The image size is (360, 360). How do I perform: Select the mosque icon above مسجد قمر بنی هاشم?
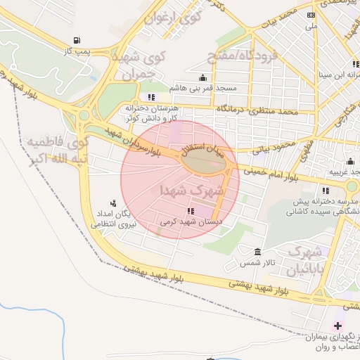click(203, 77)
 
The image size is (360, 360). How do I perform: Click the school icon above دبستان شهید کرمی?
click(190, 211)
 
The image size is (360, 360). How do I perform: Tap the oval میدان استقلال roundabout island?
click(205, 161)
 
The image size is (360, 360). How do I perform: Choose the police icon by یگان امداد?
click(113, 204)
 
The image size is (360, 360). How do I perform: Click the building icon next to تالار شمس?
click(258, 252)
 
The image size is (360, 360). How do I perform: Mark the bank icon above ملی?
click(311, 15)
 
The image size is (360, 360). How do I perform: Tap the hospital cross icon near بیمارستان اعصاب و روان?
click(337, 326)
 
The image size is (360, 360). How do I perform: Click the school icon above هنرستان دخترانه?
click(151, 97)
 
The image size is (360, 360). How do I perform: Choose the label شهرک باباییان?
click(307, 259)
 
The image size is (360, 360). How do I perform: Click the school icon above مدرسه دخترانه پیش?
click(324, 191)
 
